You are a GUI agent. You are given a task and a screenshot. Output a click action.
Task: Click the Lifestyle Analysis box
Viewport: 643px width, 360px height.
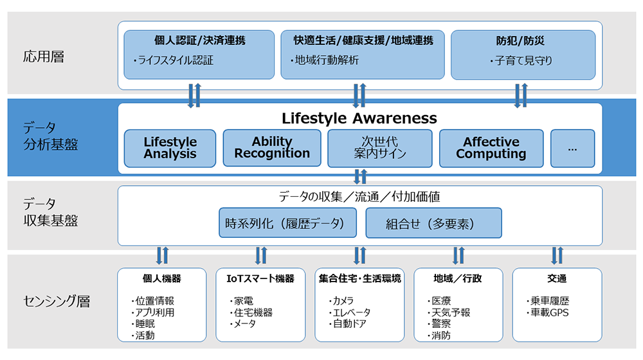170,148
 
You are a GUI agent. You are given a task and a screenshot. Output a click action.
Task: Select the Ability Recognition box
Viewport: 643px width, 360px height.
272,148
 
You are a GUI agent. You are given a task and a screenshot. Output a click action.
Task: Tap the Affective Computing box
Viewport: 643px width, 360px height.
491,148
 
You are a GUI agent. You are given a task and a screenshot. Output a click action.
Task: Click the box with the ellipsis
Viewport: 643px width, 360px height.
572,148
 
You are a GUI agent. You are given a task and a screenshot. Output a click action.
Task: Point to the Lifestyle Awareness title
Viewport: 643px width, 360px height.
359,118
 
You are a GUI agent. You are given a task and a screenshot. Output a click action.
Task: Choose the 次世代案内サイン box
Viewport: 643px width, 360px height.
380,148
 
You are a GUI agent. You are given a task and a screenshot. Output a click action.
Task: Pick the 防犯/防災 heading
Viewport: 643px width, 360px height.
523,40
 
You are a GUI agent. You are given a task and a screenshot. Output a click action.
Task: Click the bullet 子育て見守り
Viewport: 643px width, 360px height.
522,61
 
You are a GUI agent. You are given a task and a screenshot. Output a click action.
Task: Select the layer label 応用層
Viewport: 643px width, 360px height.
44,57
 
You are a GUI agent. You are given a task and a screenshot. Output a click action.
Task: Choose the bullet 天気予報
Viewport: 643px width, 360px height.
451,313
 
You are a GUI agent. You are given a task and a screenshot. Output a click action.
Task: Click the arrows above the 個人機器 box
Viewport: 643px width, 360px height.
162,256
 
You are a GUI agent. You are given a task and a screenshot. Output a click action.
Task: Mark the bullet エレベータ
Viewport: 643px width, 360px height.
350,313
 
